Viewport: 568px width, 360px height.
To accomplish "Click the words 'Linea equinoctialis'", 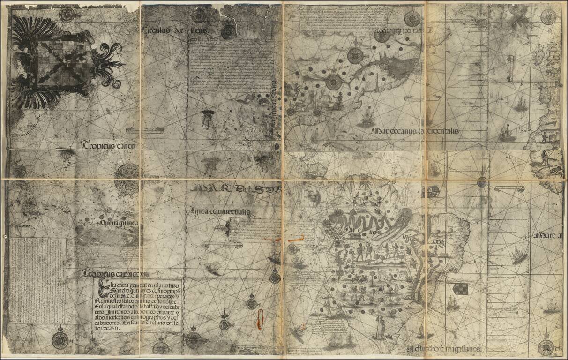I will click(x=220, y=212).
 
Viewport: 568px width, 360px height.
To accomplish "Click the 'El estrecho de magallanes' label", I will click(x=446, y=349).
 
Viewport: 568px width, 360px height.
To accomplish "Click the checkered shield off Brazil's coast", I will click(x=459, y=289).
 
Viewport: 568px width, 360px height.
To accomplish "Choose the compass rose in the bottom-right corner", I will click(x=546, y=347).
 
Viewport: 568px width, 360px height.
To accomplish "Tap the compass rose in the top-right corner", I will click(x=547, y=16).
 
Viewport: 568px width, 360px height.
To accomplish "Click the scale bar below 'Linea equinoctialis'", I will click(x=223, y=244).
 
